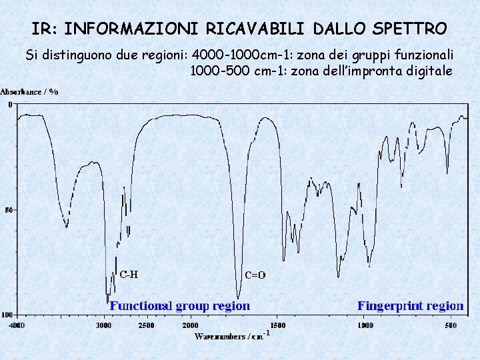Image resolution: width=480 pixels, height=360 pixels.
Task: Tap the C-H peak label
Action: click(129, 273)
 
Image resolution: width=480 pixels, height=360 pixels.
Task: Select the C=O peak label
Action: click(255, 275)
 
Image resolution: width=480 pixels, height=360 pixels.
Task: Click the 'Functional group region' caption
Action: click(180, 306)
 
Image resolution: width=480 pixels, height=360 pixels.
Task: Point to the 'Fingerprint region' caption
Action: click(410, 306)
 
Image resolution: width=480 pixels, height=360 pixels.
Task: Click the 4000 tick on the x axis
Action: click(16, 325)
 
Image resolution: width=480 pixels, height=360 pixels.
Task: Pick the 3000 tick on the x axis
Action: click(103, 325)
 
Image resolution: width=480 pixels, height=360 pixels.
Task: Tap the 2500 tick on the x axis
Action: click(146, 325)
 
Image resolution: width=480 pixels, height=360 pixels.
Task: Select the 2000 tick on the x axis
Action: click(190, 325)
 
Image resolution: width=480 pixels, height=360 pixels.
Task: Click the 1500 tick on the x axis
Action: click(277, 325)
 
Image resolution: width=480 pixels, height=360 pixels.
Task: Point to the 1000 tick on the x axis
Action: click(365, 325)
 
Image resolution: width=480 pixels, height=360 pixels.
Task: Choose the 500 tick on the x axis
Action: click(451, 325)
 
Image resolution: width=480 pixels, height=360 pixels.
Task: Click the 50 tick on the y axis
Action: click(9, 210)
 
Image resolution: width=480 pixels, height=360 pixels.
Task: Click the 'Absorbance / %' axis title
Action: click(29, 91)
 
